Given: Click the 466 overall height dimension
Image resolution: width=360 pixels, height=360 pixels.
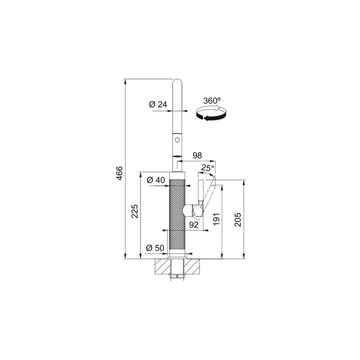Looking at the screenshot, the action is [x=120, y=173].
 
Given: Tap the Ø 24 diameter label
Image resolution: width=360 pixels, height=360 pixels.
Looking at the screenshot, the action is [x=158, y=104].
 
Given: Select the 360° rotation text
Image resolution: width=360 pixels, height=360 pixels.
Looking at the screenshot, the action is [x=212, y=100].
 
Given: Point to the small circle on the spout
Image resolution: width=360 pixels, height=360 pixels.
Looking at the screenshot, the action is [x=177, y=139].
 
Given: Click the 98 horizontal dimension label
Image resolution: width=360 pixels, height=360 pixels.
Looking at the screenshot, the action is [x=197, y=155].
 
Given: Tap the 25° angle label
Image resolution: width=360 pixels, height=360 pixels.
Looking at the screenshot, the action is [x=208, y=168].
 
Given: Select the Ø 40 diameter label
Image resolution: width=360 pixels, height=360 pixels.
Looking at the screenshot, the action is [x=155, y=180].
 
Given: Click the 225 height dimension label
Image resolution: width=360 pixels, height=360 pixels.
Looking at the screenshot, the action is [x=134, y=211].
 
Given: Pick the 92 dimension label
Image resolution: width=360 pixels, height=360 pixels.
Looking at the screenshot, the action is [x=193, y=225].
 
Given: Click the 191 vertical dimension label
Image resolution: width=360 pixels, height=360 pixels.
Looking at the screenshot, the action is [x=216, y=219].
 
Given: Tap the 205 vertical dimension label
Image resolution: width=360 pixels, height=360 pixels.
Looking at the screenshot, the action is [x=238, y=219].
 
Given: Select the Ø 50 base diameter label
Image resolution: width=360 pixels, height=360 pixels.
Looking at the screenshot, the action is [x=155, y=248].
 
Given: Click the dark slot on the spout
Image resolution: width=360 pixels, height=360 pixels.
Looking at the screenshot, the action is [x=177, y=156].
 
